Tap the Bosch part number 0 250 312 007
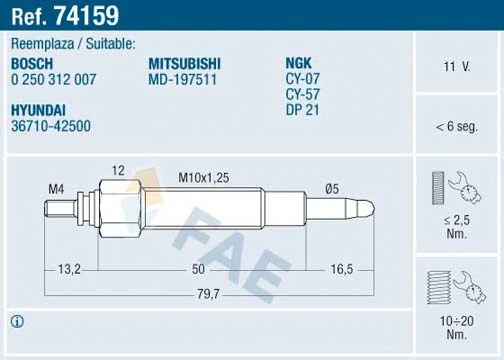click(x=53, y=79)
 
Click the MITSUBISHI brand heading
click(x=185, y=63)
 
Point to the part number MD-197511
click(x=184, y=79)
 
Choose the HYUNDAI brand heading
click(x=39, y=112)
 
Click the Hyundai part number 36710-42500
click(x=51, y=128)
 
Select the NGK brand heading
click(x=300, y=63)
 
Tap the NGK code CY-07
click(x=302, y=79)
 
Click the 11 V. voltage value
click(x=457, y=67)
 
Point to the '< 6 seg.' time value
click(x=457, y=127)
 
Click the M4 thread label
click(x=56, y=188)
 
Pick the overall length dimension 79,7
click(x=207, y=294)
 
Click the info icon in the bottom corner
click(x=16, y=322)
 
